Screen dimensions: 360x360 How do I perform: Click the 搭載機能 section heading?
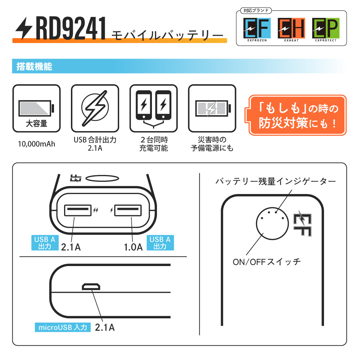point(35,67)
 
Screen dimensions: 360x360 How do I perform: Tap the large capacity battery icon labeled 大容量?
point(36,108)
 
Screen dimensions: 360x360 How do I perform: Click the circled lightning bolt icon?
point(95,108)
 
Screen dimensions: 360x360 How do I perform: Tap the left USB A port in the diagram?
point(77,210)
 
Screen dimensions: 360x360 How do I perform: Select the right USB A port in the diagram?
point(127,210)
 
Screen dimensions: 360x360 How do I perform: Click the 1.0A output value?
point(133,247)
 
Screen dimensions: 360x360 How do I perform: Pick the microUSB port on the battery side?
point(91,287)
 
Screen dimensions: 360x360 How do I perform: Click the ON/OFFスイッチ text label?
point(266,262)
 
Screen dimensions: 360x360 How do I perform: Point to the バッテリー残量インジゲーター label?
point(275,181)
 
